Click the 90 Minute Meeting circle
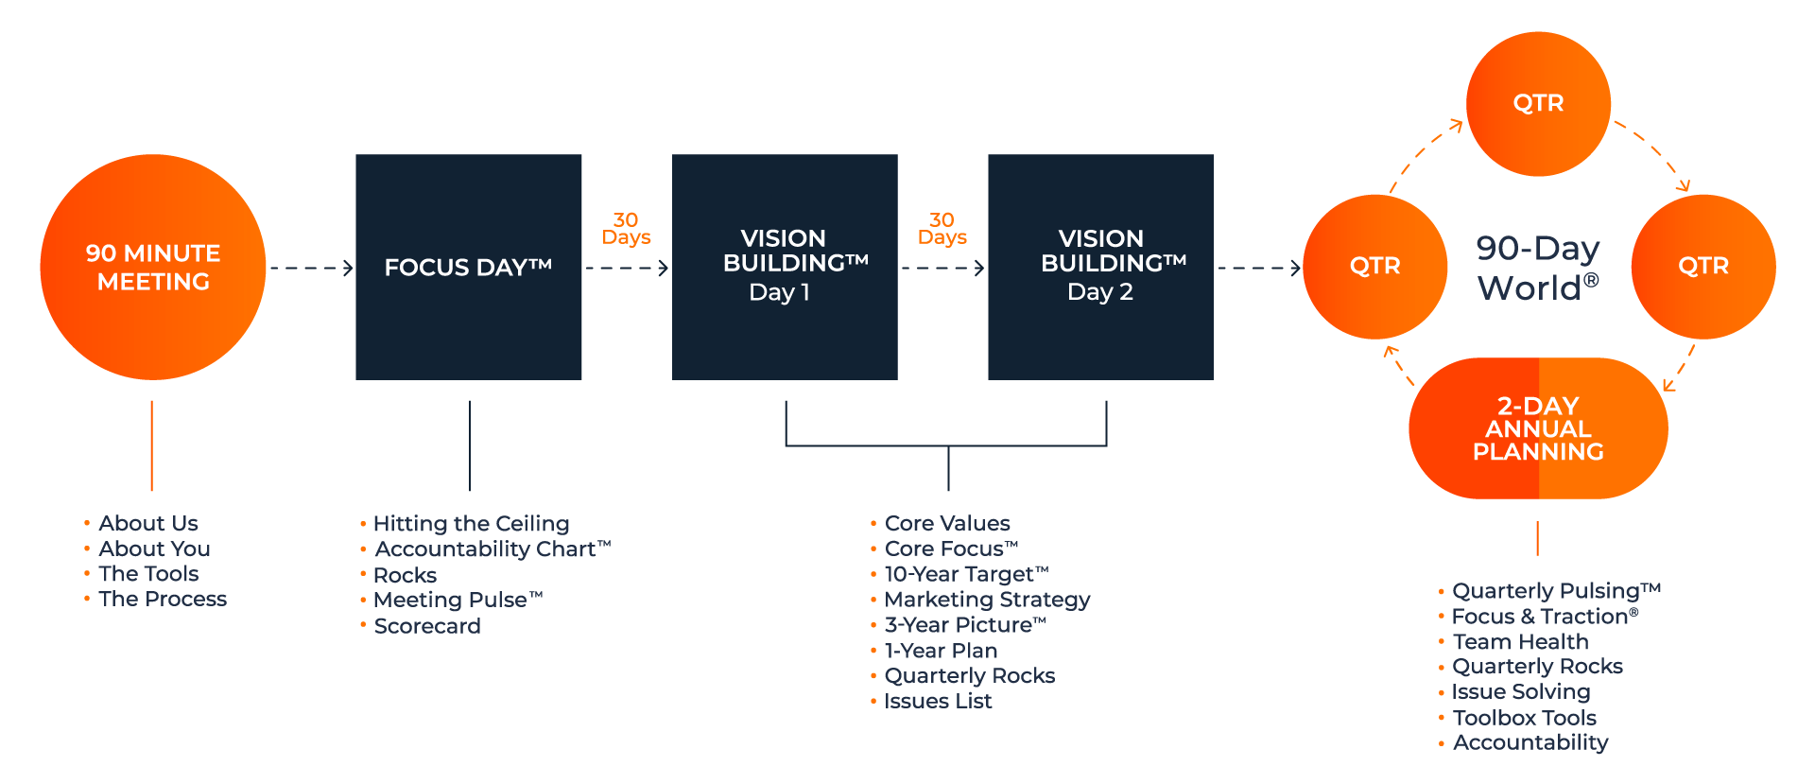pos(153,268)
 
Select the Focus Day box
pos(468,268)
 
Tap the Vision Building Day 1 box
pos(785,268)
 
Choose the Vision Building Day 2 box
pos(1100,268)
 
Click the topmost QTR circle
pos(1538,103)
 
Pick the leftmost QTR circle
pos(1375,267)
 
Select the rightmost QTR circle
pos(1703,267)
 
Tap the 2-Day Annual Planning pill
pos(1538,428)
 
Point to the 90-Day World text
pos(1538,268)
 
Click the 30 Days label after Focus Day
pos(626,229)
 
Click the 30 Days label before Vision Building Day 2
pos(942,229)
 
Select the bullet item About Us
pos(148,523)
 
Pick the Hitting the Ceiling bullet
pos(471,524)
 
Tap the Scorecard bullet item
pos(427,626)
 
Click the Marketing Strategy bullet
pos(987,600)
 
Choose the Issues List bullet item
pos(938,702)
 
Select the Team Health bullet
pos(1520,642)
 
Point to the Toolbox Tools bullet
pos(1524,718)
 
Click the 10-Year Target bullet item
pos(966,574)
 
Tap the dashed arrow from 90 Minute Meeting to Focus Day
pos(310,269)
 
